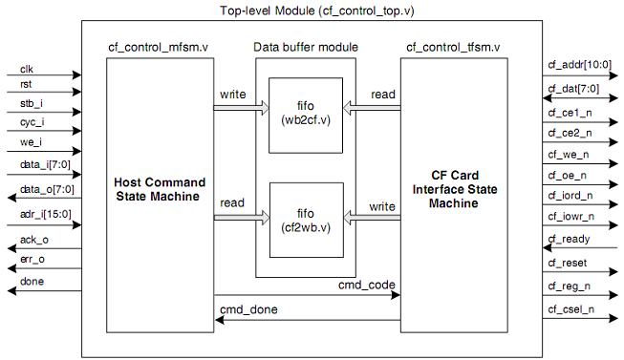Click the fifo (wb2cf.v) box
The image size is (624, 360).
[306, 113]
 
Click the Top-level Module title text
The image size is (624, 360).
[312, 11]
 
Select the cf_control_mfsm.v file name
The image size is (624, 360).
[154, 47]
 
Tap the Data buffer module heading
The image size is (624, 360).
[306, 47]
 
